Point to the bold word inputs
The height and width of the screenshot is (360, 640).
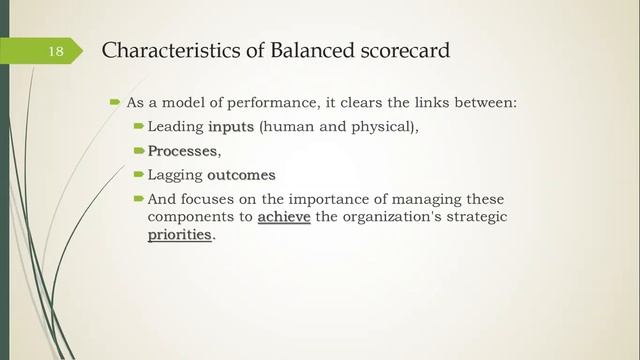pos(232,127)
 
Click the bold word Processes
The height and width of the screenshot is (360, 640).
pos(182,150)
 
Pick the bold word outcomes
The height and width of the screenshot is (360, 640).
pos(241,174)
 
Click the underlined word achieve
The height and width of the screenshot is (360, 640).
pos(284,216)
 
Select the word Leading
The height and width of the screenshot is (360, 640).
pos(175,127)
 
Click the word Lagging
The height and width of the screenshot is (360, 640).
pos(175,174)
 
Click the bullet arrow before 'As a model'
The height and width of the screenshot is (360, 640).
pos(115,102)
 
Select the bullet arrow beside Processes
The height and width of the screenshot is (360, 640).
pos(139,150)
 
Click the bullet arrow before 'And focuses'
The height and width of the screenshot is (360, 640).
pos(139,198)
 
